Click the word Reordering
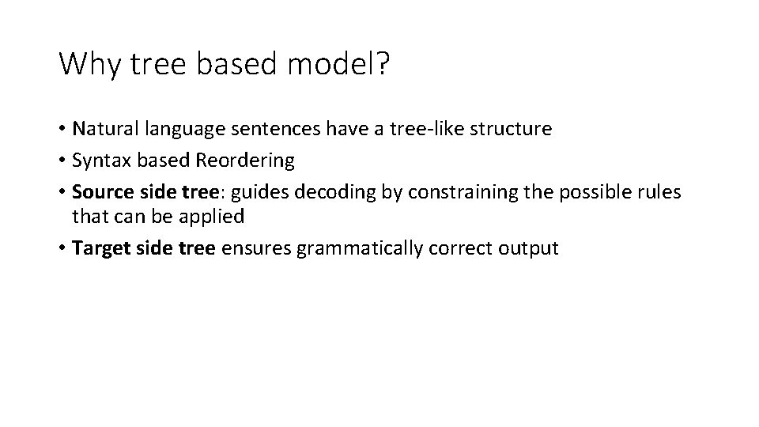coord(245,161)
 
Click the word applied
coord(216,215)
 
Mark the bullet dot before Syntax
coord(62,161)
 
